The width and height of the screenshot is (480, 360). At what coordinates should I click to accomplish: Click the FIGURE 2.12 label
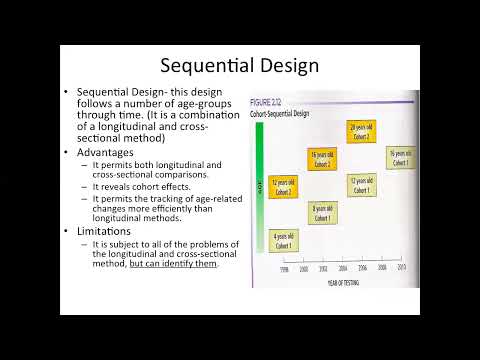tap(269, 104)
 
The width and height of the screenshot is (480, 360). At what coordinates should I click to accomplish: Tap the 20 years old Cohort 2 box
tap(360, 130)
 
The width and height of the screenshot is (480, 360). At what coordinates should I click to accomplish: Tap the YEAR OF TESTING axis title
tap(339, 283)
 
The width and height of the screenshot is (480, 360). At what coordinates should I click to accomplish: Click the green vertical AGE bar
tap(260, 185)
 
